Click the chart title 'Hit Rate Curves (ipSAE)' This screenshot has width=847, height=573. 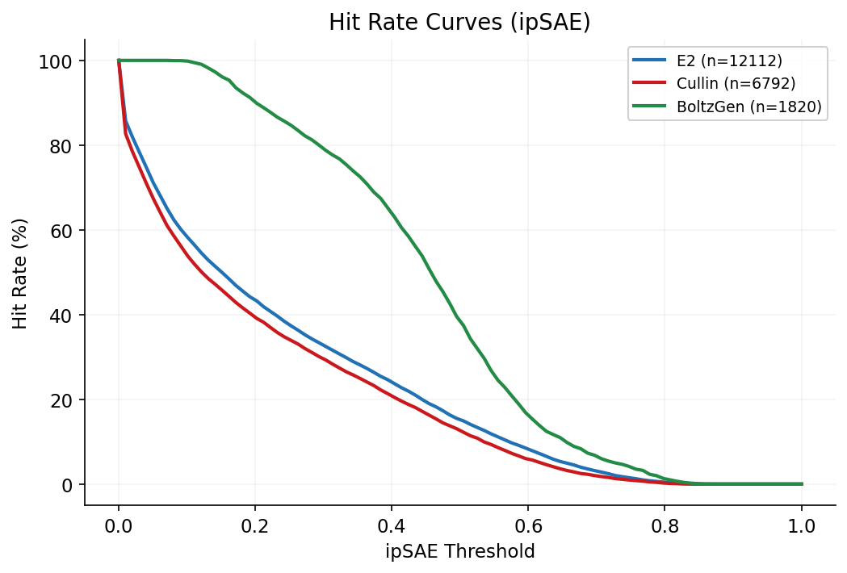(x=459, y=23)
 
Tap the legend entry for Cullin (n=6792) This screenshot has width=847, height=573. (x=725, y=83)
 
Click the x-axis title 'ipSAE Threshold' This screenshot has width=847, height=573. (x=459, y=552)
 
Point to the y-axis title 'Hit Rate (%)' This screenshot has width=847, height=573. (x=20, y=272)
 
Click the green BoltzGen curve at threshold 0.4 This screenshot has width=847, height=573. (x=392, y=213)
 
